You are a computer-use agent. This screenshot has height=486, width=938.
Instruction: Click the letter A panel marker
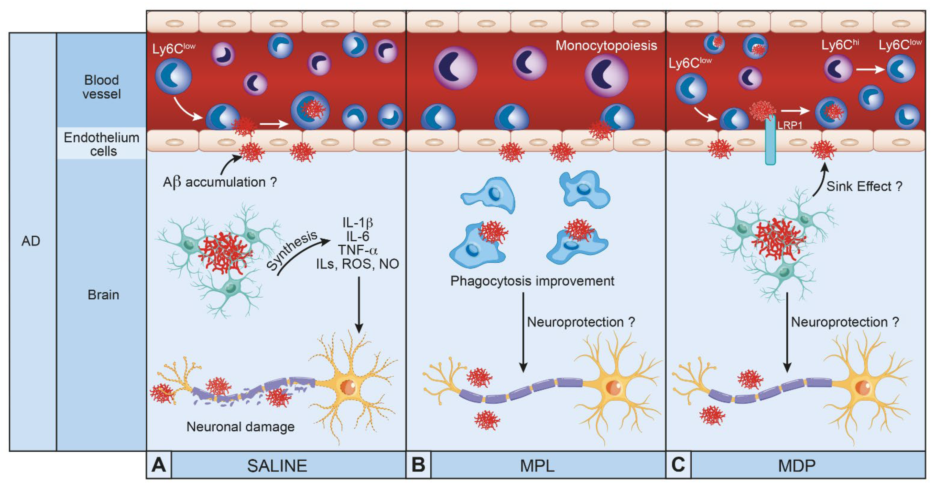pyautogui.click(x=159, y=465)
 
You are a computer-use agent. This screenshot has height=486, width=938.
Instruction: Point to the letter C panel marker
pyautogui.click(x=678, y=465)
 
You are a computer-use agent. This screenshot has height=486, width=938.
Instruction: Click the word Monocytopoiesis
pyautogui.click(x=606, y=46)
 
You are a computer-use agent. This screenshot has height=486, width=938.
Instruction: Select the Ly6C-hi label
pyautogui.click(x=840, y=45)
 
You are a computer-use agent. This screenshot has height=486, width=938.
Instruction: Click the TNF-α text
pyautogui.click(x=358, y=250)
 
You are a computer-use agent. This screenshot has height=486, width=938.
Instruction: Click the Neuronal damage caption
pyautogui.click(x=240, y=426)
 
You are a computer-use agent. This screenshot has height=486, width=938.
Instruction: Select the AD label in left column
pyautogui.click(x=30, y=241)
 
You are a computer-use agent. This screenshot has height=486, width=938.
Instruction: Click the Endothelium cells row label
pyautogui.click(x=102, y=144)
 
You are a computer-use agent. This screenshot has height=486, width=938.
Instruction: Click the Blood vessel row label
pyautogui.click(x=102, y=87)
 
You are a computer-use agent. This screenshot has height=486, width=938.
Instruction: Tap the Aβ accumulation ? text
pyautogui.click(x=220, y=182)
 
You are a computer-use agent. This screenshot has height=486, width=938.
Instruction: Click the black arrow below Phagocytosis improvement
pyautogui.click(x=523, y=332)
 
